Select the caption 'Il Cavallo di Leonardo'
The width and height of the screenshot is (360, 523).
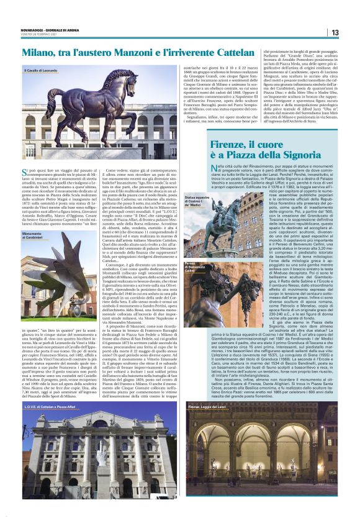coord(42,71)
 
